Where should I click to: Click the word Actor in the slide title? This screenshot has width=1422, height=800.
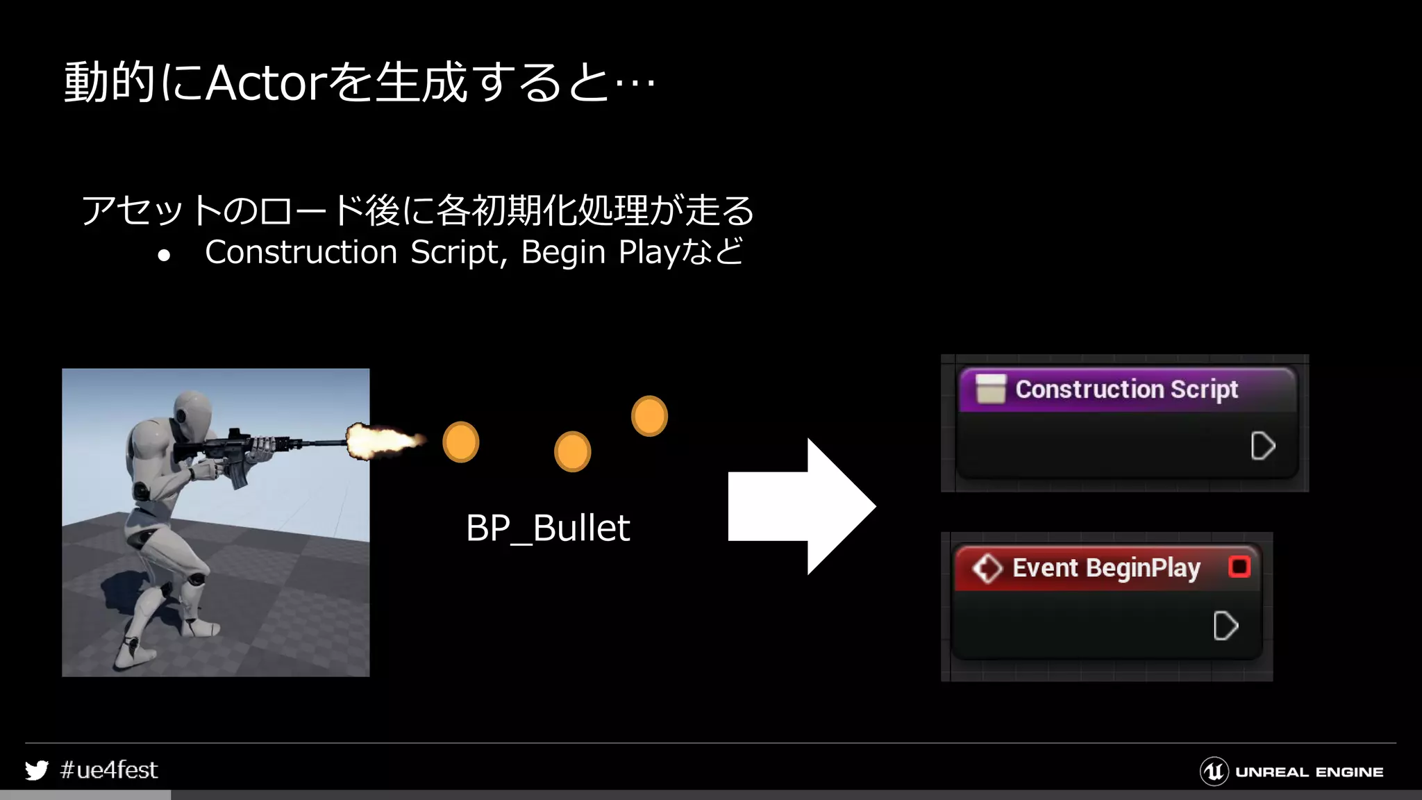pos(265,83)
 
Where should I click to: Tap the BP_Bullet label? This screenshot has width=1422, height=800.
pos(548,528)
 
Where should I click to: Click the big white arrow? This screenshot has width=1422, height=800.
pos(802,506)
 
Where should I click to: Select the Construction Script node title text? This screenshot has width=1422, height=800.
pos(1126,390)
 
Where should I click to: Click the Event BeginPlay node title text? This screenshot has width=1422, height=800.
pos(1106,568)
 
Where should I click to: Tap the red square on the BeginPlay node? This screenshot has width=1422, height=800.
pos(1239,567)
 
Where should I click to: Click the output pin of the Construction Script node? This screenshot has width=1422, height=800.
pos(1262,446)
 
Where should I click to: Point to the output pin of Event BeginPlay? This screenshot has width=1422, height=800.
pos(1225,626)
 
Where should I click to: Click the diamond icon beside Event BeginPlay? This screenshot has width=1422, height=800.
pos(987,568)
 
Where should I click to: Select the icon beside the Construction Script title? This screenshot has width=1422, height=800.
pos(990,389)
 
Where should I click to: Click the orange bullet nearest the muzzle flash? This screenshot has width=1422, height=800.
pos(460,442)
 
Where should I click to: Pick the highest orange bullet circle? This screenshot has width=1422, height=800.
pos(649,415)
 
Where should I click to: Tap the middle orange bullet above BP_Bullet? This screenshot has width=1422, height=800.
pos(572,451)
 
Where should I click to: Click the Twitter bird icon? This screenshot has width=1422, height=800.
pos(37,770)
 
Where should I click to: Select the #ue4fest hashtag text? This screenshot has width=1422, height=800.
pos(109,770)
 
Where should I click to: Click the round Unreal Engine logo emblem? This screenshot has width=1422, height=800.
pos(1214,772)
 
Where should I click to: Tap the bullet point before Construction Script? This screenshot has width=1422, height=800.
pos(164,256)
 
